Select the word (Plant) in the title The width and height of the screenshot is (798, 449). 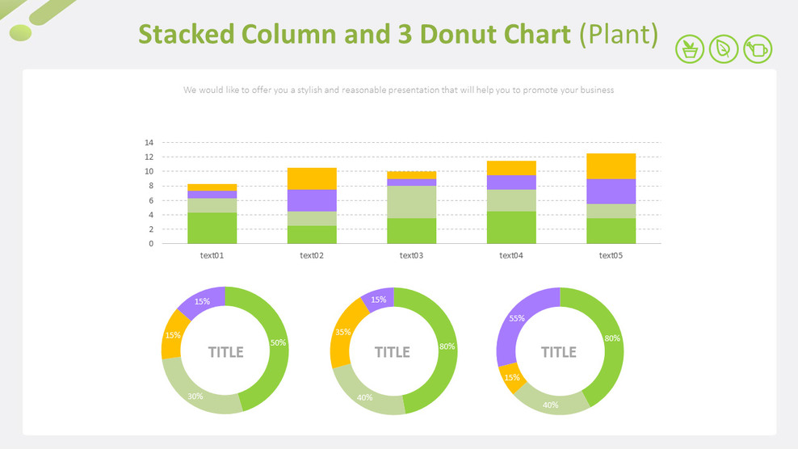619,35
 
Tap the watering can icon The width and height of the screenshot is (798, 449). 758,49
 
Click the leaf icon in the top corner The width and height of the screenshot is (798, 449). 724,49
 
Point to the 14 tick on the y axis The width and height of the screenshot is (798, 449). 149,143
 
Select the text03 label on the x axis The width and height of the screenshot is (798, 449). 412,256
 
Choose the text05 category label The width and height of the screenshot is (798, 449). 611,256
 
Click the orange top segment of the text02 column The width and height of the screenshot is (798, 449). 312,178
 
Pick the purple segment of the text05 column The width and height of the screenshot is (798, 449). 611,191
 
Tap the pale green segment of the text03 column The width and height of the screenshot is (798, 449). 412,202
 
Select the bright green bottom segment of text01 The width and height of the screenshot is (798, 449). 212,229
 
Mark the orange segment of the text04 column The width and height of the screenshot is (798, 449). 511,168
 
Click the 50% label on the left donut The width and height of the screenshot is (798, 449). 278,343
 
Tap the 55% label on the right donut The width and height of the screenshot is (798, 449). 517,318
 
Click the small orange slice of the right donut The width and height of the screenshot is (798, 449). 511,376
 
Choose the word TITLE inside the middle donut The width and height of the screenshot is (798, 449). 393,352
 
